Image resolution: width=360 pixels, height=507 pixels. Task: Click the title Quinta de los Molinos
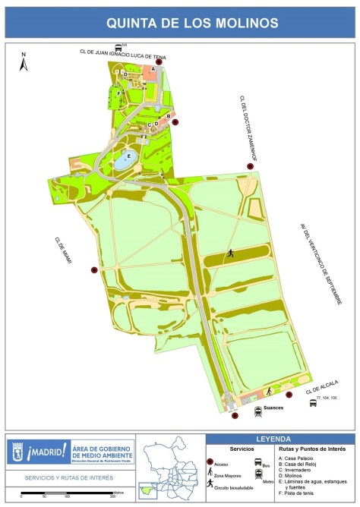point(180,22)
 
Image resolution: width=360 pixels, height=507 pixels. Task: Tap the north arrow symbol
point(24,63)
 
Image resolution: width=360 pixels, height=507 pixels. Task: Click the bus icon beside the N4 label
point(117,47)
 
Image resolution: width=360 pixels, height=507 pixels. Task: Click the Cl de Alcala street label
point(322,387)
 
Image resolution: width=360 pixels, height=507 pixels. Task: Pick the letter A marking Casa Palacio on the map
point(153,68)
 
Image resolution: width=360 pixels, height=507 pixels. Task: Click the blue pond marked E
point(124,160)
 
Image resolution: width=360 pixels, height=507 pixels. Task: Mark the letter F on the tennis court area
point(119,93)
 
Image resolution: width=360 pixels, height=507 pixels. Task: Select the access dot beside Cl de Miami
point(94,269)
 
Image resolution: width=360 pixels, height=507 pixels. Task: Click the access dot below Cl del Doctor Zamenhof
point(249,167)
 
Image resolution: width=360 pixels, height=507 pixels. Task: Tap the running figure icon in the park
point(229,254)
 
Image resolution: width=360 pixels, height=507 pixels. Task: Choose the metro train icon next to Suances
point(258,411)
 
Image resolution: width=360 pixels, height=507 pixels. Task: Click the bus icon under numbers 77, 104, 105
point(313,402)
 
